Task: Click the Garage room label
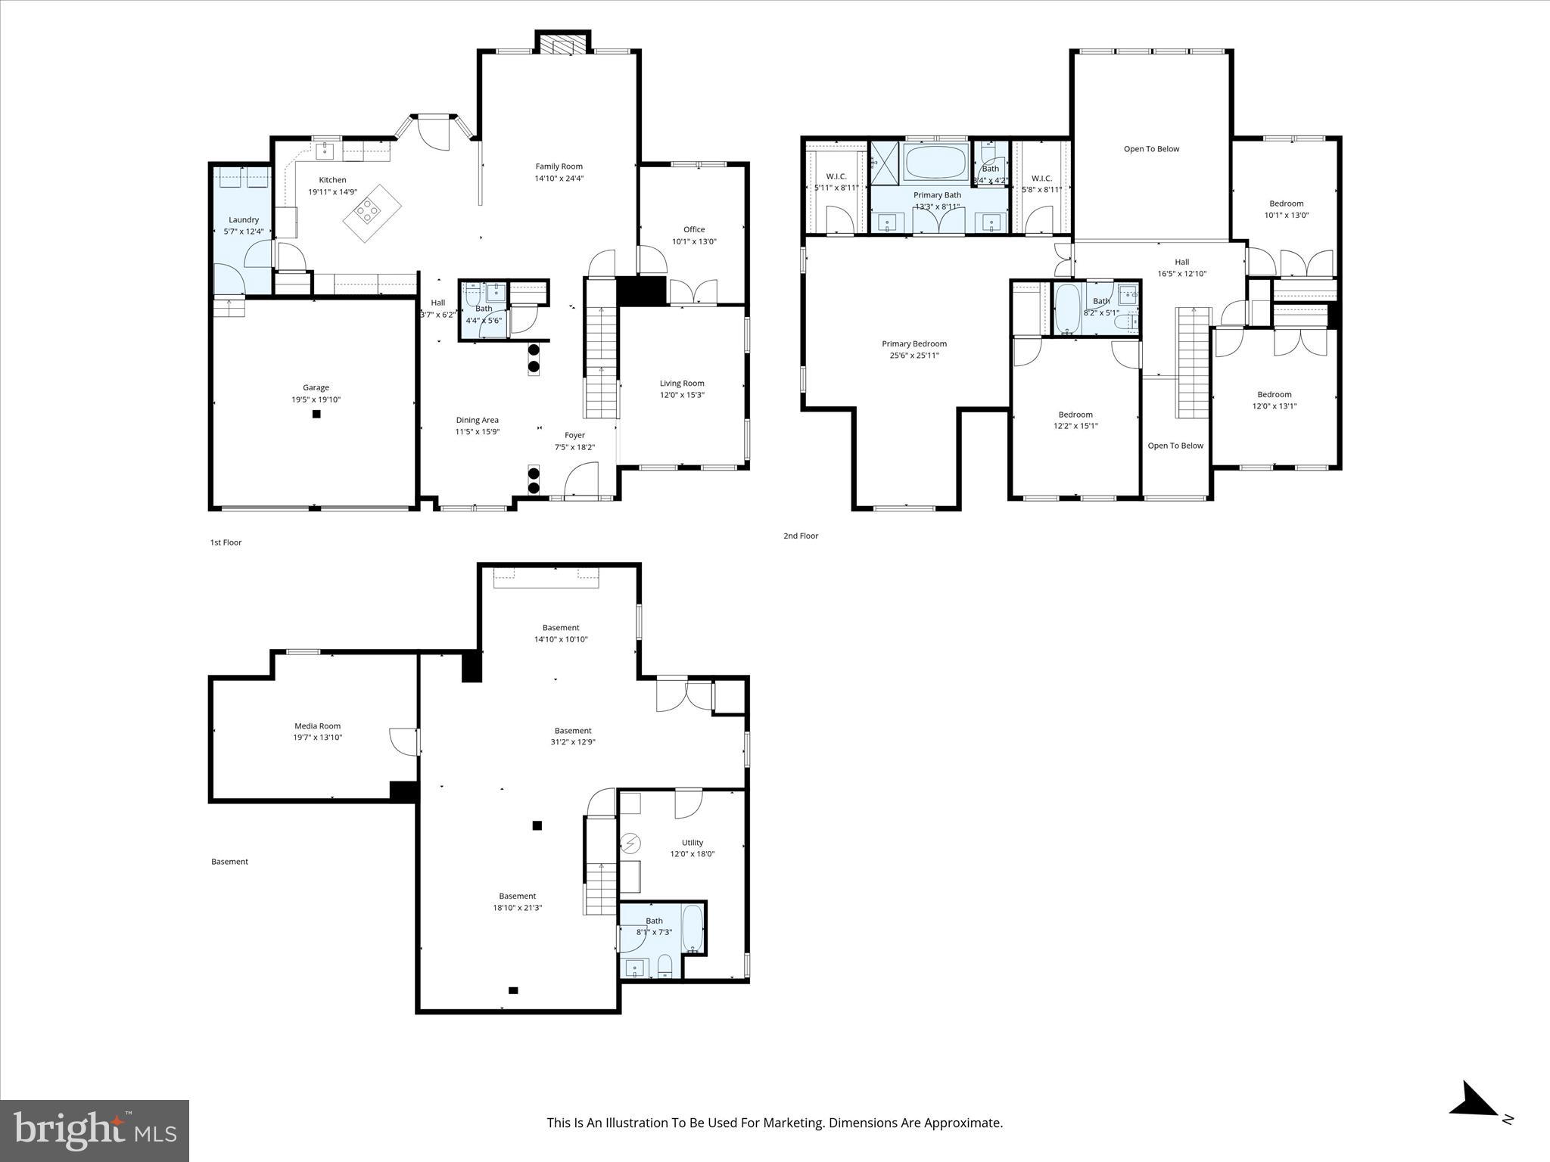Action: (316, 387)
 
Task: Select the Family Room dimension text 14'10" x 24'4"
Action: (559, 179)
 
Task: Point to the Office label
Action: (693, 229)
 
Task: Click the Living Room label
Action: (681, 383)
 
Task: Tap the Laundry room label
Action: (244, 219)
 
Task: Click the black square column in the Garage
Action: (316, 414)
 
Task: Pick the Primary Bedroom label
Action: (914, 343)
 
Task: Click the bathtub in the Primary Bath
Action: (935, 162)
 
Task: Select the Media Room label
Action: (317, 725)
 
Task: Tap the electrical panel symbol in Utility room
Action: (630, 843)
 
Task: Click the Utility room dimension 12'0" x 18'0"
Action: (692, 854)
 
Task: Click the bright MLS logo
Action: (95, 1131)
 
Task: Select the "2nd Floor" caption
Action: (800, 536)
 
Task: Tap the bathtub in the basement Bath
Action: (693, 928)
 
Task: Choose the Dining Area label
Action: (477, 420)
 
